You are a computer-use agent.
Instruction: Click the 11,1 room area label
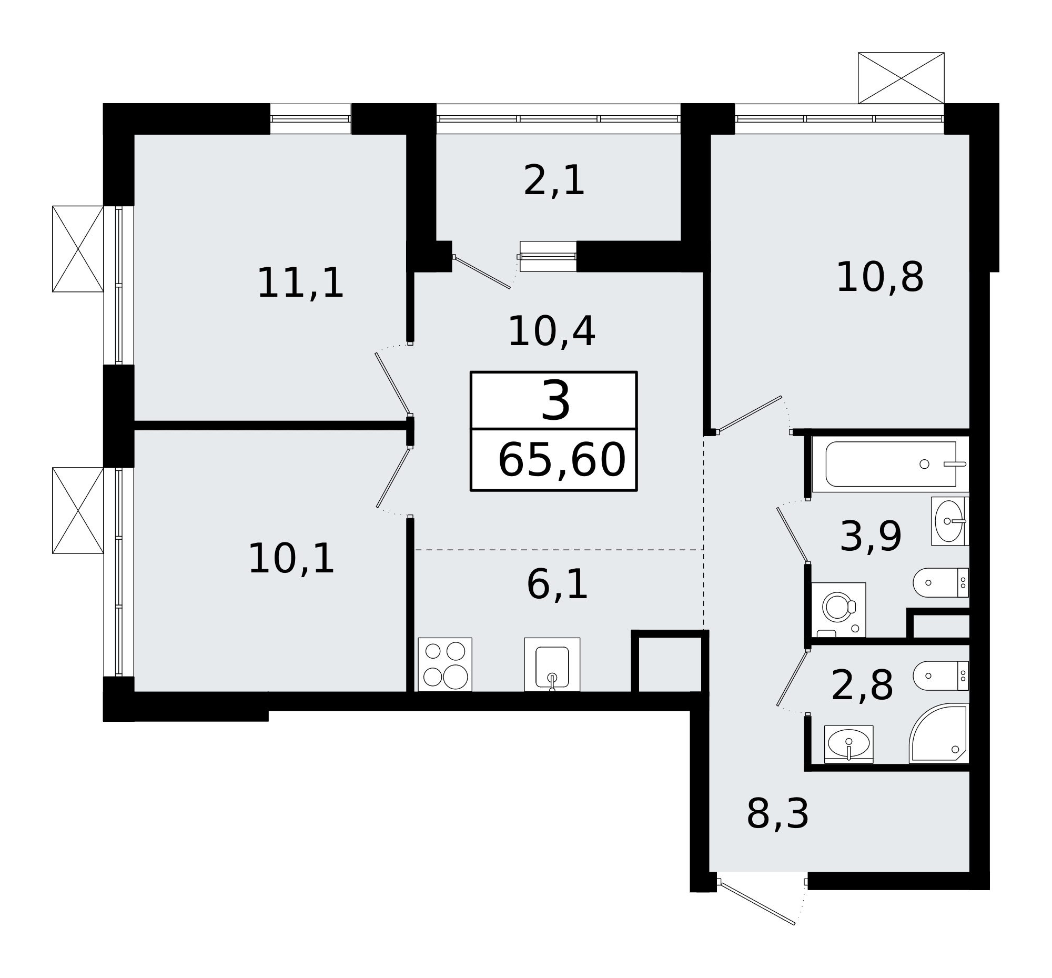point(300,284)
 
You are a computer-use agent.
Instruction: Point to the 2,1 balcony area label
point(553,182)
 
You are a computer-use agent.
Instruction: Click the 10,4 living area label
point(551,332)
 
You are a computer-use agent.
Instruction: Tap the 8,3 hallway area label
point(777,814)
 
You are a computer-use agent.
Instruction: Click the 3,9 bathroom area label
point(871,537)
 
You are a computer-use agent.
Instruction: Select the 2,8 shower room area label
point(862,687)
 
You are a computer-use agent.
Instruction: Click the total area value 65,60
point(562,461)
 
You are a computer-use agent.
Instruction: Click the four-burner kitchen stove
point(444,664)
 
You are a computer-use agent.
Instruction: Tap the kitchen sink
point(552,664)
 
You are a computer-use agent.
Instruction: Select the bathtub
point(891,464)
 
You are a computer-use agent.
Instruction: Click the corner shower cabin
point(939,733)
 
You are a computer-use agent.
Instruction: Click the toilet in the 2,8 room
point(941,676)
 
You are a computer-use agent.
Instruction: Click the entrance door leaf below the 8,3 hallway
point(757,904)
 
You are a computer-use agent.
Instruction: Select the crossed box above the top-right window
point(901,78)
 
